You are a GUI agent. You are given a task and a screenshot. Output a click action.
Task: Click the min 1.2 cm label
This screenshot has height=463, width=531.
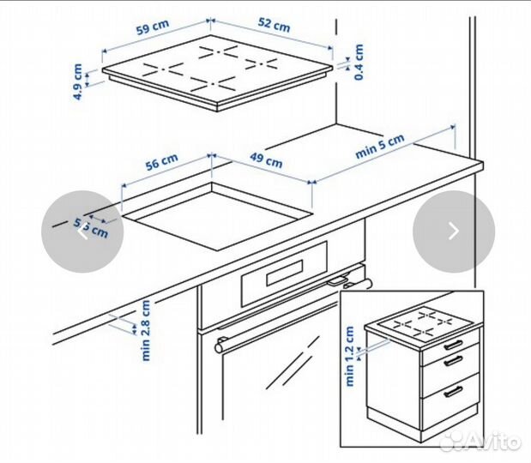tap(350, 356)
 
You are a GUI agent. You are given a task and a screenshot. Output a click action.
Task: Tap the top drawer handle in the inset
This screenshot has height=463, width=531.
tap(455, 345)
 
